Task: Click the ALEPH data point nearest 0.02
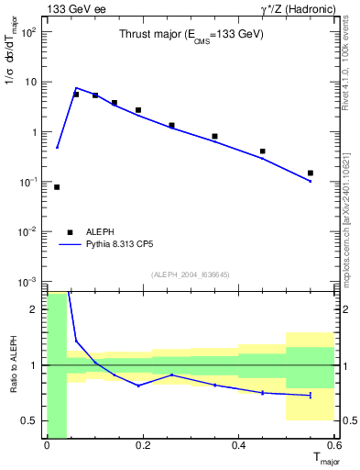point(57,187)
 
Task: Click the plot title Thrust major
point(191,35)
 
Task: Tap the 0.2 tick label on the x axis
point(142,446)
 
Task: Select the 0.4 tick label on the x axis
point(238,446)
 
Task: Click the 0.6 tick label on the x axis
point(333,446)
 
